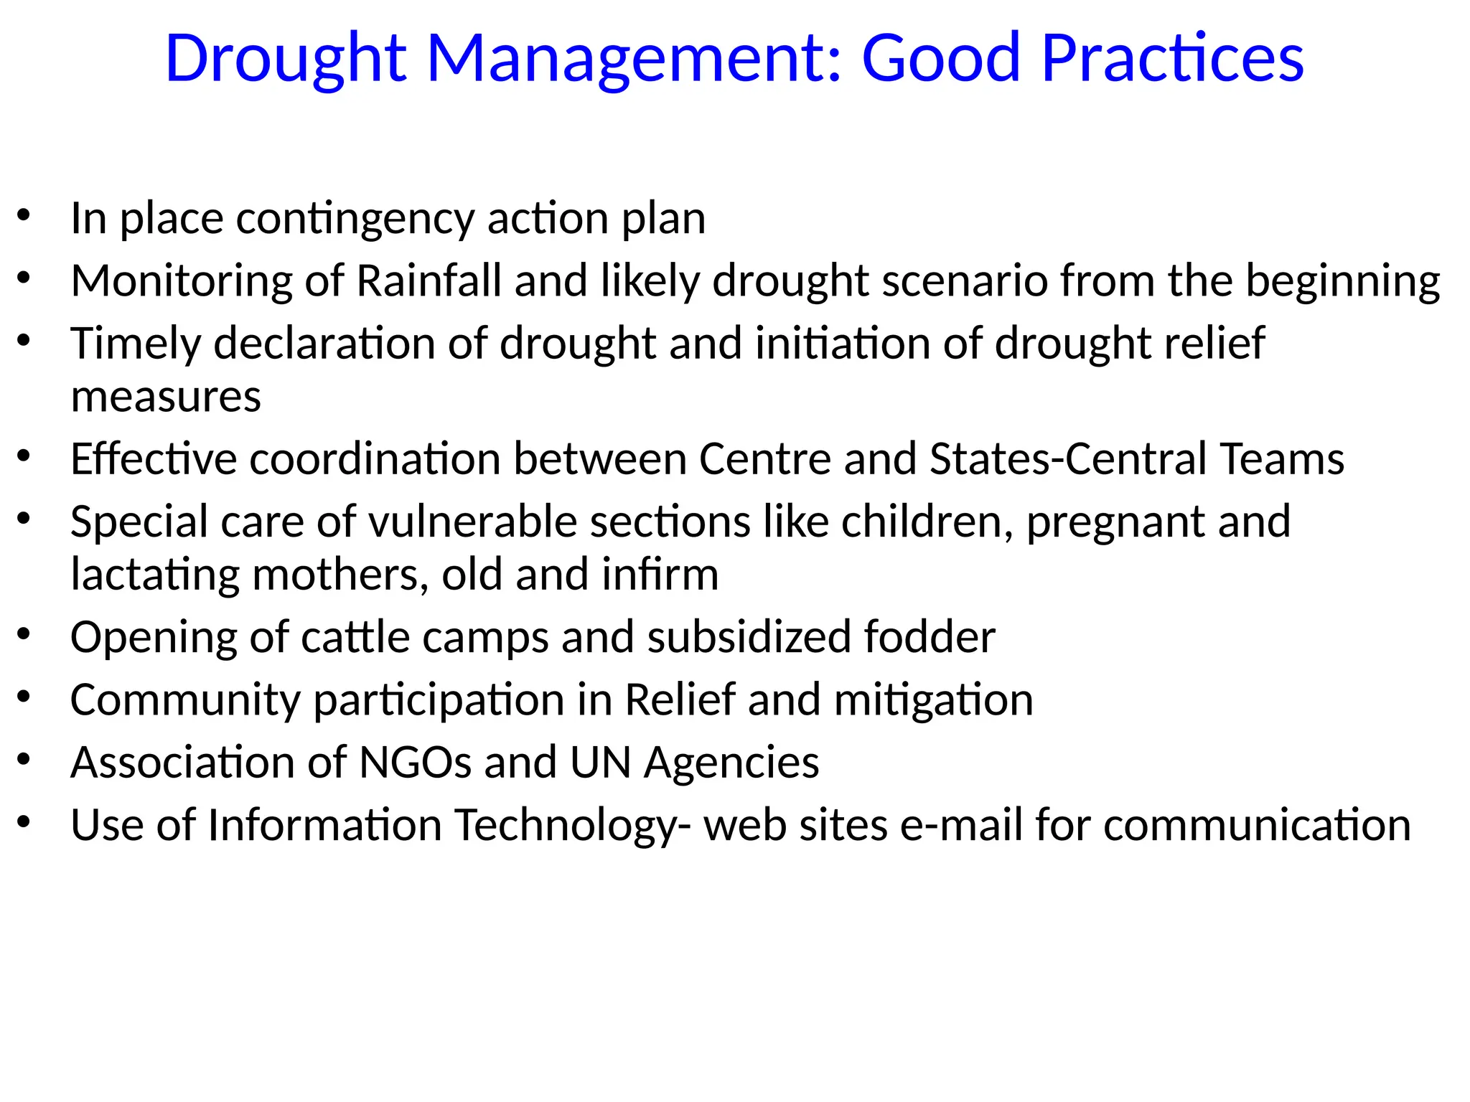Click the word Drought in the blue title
286,59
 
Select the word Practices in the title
1172,59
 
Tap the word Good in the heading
941,59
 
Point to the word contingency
355,220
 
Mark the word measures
166,397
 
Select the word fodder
929,637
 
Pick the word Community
185,701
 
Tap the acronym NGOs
415,762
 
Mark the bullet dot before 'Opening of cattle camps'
24,634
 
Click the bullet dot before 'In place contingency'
24,215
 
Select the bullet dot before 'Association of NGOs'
24,759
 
